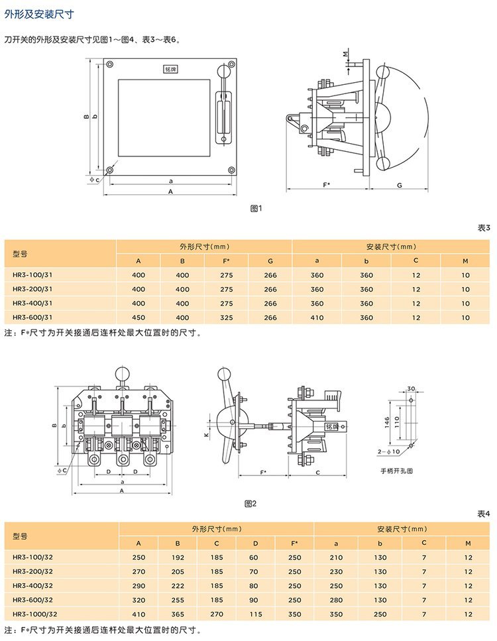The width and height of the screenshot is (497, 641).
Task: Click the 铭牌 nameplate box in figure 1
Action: click(x=171, y=68)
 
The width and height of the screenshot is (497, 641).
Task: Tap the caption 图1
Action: click(x=256, y=208)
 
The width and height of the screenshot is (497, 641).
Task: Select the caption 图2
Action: click(x=250, y=503)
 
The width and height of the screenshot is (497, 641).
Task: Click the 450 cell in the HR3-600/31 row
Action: click(x=138, y=318)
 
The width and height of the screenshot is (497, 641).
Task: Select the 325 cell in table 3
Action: click(x=227, y=318)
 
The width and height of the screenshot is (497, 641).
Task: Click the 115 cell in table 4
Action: click(x=255, y=614)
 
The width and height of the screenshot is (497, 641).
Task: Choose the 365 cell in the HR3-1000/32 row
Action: click(x=178, y=614)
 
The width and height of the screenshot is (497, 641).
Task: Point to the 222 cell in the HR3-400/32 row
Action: click(x=178, y=585)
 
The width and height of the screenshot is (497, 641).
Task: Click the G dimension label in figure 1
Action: click(x=400, y=185)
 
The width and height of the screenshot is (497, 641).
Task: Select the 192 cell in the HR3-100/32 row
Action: click(x=178, y=557)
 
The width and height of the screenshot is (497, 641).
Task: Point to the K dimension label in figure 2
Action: click(x=206, y=434)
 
